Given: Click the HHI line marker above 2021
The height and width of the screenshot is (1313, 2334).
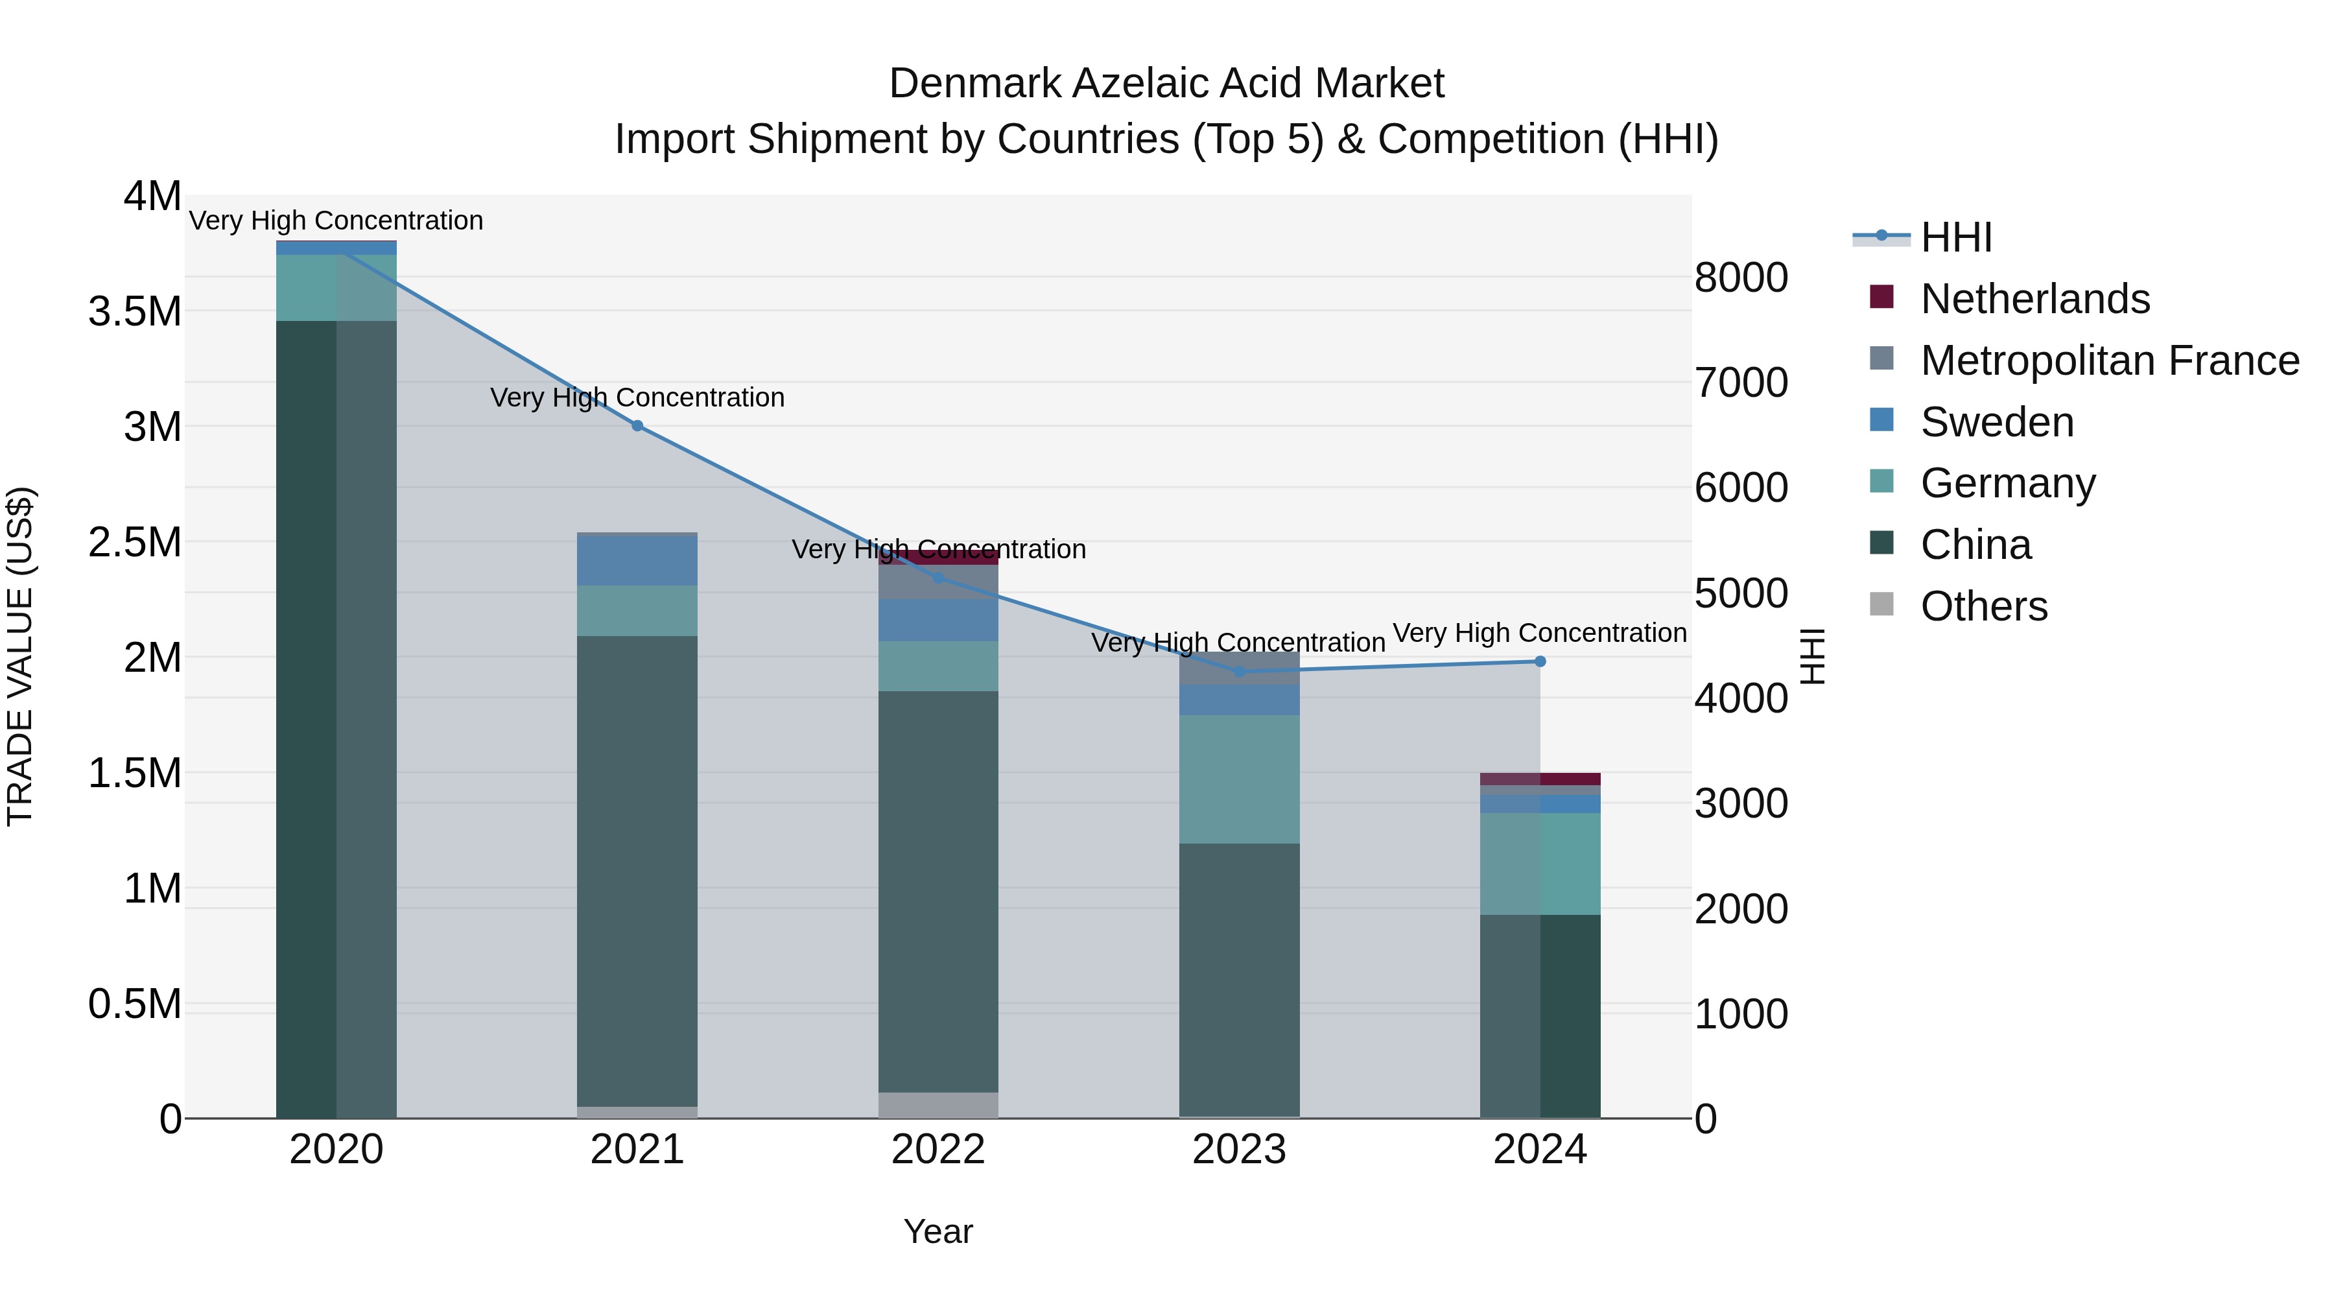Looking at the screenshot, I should coord(637,426).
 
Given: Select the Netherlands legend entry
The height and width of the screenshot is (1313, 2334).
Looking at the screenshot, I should coord(2034,299).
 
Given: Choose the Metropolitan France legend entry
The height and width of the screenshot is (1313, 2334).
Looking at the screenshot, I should coord(2109,361).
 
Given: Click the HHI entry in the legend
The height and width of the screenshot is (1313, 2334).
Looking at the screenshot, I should coord(1955,237).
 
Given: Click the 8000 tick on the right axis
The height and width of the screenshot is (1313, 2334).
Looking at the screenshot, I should coord(1741,278).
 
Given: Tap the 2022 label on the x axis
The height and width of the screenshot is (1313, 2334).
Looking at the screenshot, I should coord(937,1150).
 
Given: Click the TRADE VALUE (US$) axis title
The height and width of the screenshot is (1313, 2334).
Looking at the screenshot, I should coord(20,656).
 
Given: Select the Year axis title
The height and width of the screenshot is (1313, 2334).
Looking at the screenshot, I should coord(937,1231).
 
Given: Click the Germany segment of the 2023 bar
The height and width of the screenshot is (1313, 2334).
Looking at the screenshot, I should coord(1238,779).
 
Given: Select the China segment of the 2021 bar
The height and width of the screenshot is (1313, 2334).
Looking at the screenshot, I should coord(637,870).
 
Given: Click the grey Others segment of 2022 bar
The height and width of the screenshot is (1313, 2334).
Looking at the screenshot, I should coord(937,1105).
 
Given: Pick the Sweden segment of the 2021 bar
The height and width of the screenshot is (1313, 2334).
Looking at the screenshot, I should coord(637,561).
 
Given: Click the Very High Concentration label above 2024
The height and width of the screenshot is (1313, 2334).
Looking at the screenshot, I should coord(1538,632).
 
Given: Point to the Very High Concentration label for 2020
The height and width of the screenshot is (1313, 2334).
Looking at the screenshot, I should coord(335,220).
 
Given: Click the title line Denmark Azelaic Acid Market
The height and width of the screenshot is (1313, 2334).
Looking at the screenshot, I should coord(1166,84).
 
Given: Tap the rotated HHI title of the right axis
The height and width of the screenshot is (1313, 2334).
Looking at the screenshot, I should coord(1811,656).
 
